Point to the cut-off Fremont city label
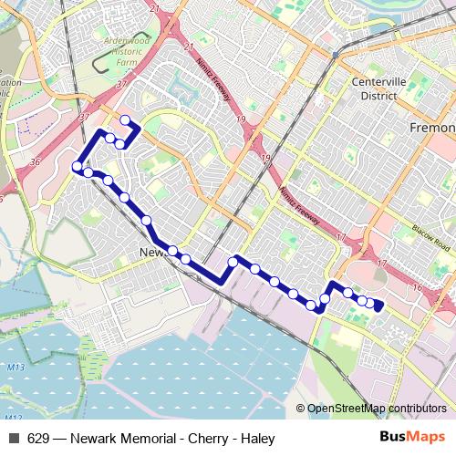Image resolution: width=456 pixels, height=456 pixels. click(434, 128)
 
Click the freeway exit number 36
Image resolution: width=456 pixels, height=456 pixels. click(35, 161)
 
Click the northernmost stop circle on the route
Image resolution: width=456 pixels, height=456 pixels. click(125, 120)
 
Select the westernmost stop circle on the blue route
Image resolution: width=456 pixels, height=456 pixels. click(76, 165)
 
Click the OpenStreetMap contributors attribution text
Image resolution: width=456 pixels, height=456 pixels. click(376, 409)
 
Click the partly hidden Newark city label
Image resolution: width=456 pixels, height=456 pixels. click(150, 253)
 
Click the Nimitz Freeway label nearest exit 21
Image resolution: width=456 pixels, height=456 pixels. click(211, 83)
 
